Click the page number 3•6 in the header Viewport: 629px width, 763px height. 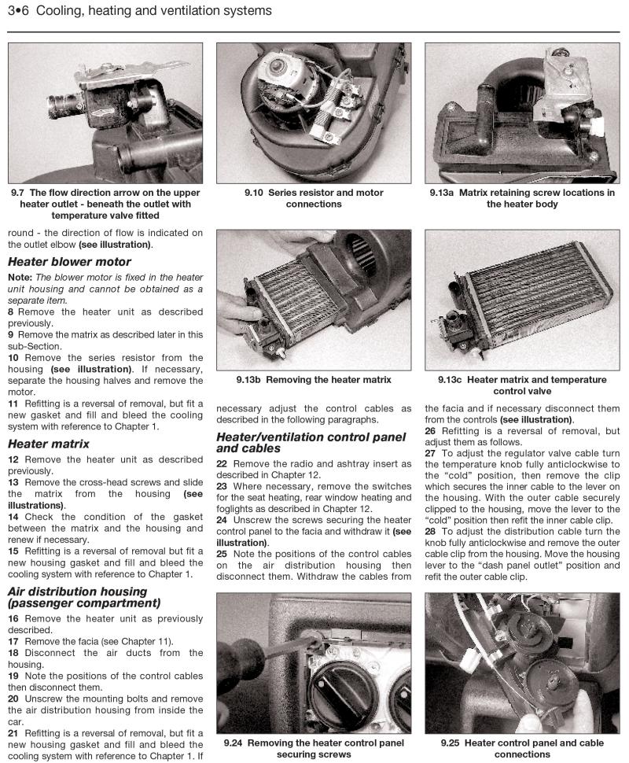(20, 11)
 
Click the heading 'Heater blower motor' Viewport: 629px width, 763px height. (69, 262)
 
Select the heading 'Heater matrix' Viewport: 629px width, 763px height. (48, 444)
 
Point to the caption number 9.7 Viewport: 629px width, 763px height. (19, 193)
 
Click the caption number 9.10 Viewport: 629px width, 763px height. (253, 193)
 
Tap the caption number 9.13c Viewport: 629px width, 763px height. (453, 380)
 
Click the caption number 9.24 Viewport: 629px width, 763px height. (235, 743)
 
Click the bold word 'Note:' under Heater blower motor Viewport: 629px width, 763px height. (20, 278)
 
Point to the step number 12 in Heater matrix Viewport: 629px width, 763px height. (13, 459)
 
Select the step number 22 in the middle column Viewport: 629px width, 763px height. (223, 464)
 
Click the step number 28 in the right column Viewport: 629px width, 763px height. (431, 532)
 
